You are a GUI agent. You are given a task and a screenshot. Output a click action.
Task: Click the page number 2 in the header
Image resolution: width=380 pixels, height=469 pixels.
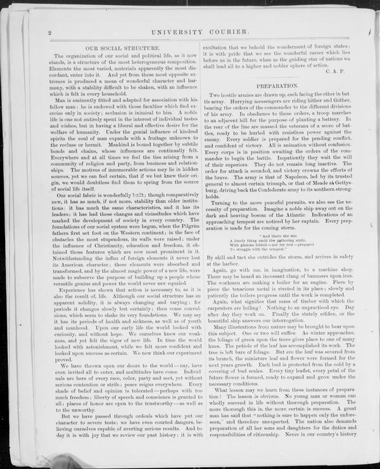(x=49, y=31)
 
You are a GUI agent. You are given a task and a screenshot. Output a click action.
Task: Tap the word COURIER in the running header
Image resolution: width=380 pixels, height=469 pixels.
(x=229, y=30)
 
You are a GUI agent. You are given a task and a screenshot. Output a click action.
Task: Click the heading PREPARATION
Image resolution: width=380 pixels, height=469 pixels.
(x=277, y=85)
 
